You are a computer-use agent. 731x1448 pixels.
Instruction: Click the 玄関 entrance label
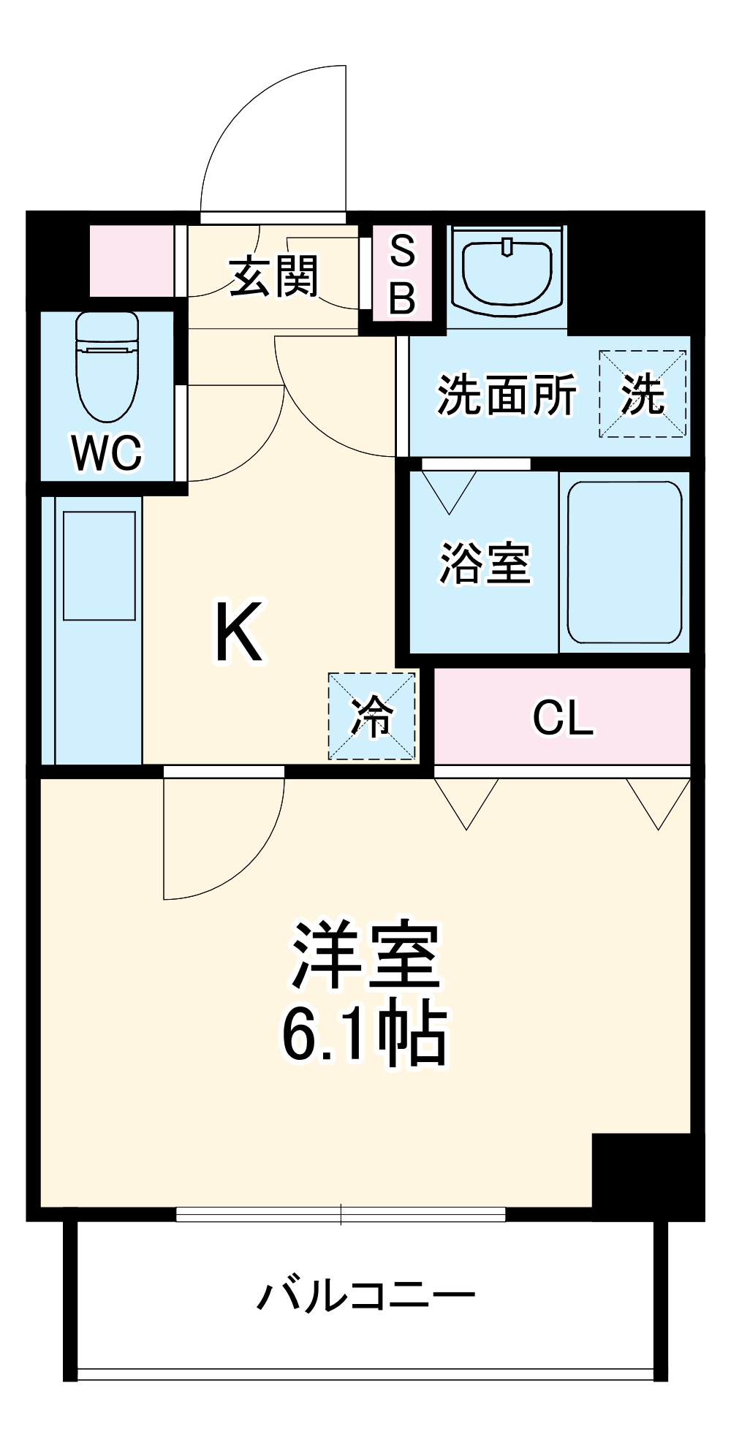click(274, 276)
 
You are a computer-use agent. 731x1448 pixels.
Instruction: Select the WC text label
click(107, 452)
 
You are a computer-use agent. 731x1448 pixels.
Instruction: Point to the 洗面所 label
click(506, 395)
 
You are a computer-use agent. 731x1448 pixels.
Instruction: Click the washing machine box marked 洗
click(643, 395)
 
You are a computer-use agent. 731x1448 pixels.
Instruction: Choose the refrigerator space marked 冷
click(371, 716)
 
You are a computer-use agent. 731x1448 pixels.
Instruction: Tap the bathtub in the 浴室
click(624, 562)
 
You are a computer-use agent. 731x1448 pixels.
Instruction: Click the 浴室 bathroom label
click(484, 564)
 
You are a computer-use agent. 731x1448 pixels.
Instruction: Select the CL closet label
click(562, 718)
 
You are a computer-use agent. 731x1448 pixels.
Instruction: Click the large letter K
click(238, 632)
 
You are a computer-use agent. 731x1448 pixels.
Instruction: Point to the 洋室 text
click(365, 956)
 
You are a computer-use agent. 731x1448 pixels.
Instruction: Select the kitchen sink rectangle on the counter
click(99, 566)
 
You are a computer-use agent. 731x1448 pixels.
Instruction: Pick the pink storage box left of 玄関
click(132, 261)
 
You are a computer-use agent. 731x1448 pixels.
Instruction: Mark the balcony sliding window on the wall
click(341, 1214)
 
